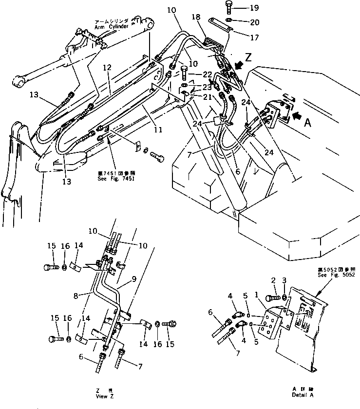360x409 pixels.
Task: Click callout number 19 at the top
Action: [255, 8]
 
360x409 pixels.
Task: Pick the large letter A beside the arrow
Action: [306, 124]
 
